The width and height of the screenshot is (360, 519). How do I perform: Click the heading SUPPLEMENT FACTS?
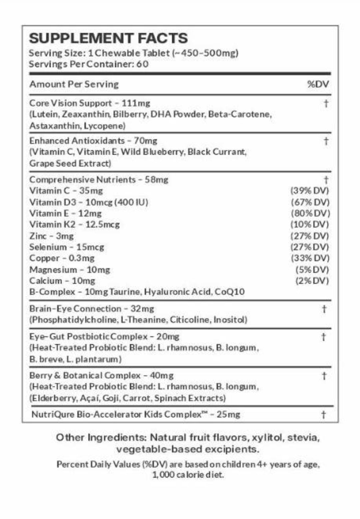[108, 38]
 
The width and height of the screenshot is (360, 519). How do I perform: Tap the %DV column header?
[318, 84]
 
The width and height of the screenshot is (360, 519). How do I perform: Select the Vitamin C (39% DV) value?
[310, 191]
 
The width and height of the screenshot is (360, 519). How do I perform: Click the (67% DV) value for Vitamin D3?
[310, 202]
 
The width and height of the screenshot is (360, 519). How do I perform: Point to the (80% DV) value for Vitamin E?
[310, 213]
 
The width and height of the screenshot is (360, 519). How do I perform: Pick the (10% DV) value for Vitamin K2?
[310, 224]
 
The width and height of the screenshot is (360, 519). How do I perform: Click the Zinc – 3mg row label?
[52, 236]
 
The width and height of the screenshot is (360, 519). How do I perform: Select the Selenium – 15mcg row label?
[67, 247]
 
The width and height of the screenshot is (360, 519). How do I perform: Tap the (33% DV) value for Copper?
[310, 258]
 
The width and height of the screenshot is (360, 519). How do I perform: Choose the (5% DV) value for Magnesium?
[312, 270]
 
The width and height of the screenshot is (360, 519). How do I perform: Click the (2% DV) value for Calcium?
[312, 281]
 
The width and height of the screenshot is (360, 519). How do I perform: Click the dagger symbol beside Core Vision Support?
[326, 104]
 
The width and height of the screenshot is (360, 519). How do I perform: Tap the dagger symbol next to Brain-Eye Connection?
[324, 309]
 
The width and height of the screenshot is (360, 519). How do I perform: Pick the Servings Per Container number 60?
[142, 64]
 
